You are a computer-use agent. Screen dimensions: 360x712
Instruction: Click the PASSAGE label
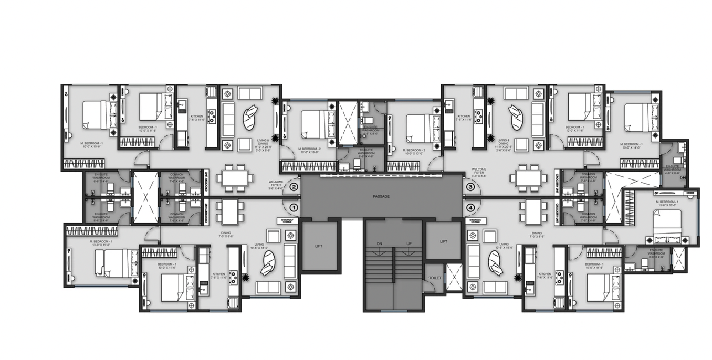click(381, 196)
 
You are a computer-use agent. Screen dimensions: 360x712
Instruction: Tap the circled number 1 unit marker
click(294, 208)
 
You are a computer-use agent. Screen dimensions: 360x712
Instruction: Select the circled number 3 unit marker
click(470, 187)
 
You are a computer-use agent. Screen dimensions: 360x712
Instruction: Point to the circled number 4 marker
click(470, 208)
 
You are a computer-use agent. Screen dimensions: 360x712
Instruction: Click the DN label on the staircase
click(379, 244)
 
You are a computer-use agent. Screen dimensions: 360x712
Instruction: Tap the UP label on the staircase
click(409, 244)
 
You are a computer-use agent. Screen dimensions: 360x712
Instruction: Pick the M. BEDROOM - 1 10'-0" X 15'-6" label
click(92, 145)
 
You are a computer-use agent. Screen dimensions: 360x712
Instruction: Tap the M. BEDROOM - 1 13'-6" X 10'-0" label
click(667, 204)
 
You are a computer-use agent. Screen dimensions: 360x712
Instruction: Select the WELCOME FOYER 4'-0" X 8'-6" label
click(479, 173)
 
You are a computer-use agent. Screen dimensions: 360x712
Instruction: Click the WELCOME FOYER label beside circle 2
click(276, 185)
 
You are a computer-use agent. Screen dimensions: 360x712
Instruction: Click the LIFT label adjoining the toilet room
click(443, 241)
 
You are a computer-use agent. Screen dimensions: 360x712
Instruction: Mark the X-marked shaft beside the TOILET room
click(453, 276)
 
